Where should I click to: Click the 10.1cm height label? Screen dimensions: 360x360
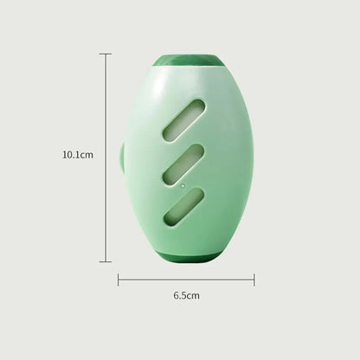pyautogui.click(x=78, y=155)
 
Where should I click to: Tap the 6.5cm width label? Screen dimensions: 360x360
pyautogui.click(x=186, y=296)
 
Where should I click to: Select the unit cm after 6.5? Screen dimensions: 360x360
pyautogui.click(x=193, y=296)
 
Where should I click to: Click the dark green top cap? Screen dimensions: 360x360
pyautogui.click(x=186, y=61)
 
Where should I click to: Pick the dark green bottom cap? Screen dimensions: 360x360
pyautogui.click(x=185, y=257)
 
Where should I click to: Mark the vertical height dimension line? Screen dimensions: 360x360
pyautogui.click(x=106, y=130)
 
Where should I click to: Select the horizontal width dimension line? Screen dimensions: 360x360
pyautogui.click(x=186, y=280)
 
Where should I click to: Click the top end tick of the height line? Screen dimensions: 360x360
pyautogui.click(x=106, y=54)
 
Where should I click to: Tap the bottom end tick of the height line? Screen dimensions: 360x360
pyautogui.click(x=106, y=261)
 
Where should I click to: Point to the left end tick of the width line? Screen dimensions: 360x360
pyautogui.click(x=119, y=280)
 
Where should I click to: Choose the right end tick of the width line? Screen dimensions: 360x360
pyautogui.click(x=254, y=280)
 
